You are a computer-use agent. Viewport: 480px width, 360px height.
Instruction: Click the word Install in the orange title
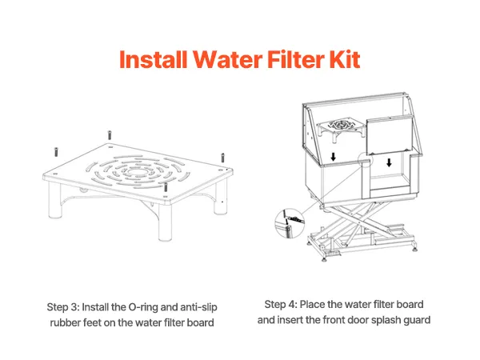click(x=153, y=59)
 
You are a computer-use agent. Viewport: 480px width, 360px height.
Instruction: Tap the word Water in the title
click(x=227, y=59)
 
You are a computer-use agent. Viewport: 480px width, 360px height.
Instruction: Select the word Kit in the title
click(x=344, y=59)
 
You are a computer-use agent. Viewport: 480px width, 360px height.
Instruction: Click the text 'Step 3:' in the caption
click(x=62, y=307)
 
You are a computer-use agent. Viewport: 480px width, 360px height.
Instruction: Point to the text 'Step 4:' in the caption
click(x=281, y=305)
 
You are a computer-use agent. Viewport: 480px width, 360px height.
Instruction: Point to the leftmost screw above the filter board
click(x=56, y=152)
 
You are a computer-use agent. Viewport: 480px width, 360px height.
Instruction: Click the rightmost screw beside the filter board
click(x=222, y=158)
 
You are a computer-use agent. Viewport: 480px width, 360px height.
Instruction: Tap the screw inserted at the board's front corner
click(x=166, y=187)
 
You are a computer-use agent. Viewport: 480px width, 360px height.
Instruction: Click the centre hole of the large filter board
click(x=137, y=172)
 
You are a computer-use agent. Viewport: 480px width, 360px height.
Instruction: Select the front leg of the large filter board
click(x=165, y=222)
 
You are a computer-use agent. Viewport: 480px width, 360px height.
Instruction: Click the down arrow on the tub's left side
click(x=333, y=157)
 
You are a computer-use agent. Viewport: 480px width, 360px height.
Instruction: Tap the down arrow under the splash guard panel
click(x=389, y=162)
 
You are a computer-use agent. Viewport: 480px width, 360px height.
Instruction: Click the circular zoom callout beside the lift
click(x=289, y=223)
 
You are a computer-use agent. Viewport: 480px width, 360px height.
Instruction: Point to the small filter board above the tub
click(x=341, y=128)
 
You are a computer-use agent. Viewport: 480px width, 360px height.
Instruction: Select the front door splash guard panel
click(x=390, y=134)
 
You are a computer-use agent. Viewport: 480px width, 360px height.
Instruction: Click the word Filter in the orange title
click(x=296, y=59)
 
